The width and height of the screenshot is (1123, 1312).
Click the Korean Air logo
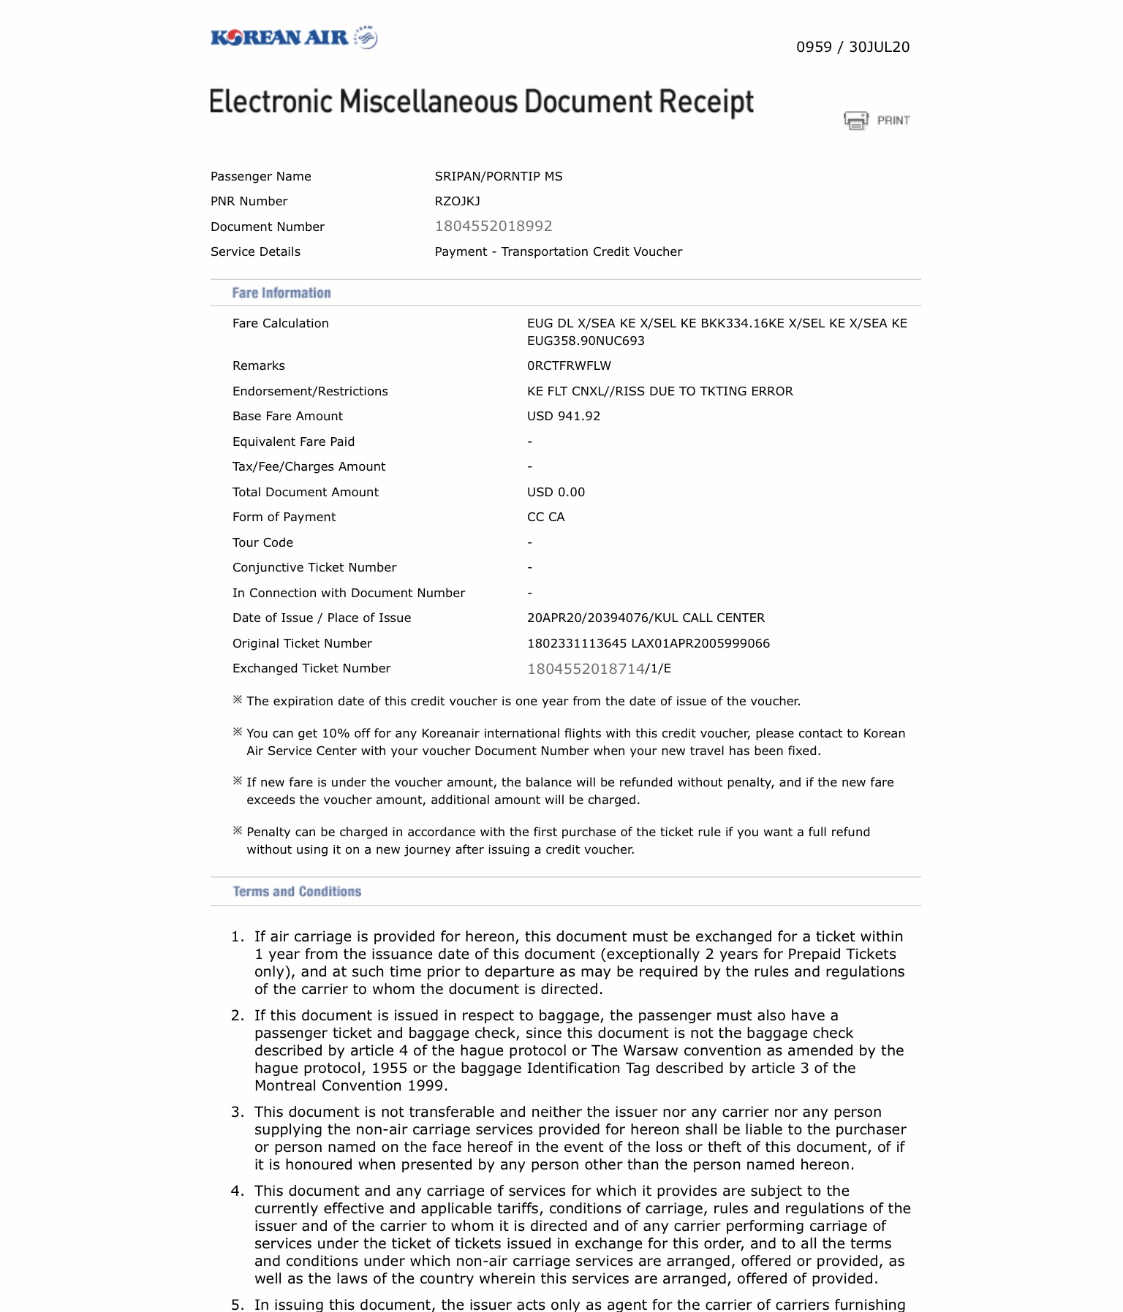click(293, 37)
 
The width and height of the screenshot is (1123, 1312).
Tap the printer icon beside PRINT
click(856, 120)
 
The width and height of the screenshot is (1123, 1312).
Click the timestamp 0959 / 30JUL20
click(852, 48)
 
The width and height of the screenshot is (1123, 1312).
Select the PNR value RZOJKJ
click(457, 201)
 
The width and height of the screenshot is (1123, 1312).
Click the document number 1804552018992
click(494, 227)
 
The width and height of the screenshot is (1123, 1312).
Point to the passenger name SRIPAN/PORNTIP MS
click(499, 176)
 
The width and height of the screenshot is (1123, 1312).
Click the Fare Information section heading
click(281, 293)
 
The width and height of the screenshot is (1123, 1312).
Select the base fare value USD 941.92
click(564, 416)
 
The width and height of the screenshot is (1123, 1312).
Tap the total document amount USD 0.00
click(556, 492)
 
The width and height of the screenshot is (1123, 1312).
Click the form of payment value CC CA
click(545, 517)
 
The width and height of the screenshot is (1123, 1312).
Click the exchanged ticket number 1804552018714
click(586, 669)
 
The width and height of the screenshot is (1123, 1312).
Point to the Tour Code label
click(262, 542)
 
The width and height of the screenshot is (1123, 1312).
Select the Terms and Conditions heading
click(297, 892)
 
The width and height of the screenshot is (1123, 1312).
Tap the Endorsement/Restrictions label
click(310, 391)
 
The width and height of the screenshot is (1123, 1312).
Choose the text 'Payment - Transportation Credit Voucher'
click(559, 251)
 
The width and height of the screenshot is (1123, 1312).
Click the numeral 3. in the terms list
click(238, 1112)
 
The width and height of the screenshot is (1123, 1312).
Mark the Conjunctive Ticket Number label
click(314, 567)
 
